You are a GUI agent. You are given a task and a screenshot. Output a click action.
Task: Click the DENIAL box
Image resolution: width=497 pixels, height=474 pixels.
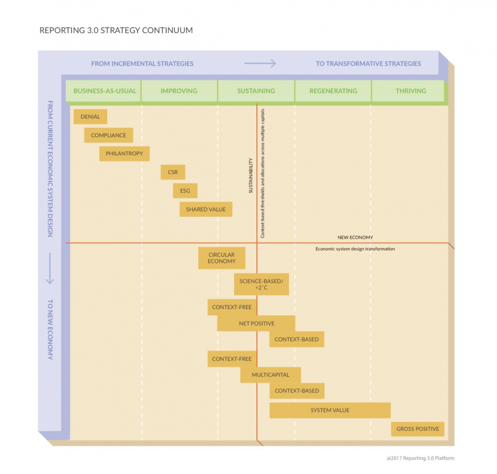point(90,117)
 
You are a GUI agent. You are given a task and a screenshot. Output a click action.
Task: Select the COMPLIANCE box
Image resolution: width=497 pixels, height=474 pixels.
point(109,135)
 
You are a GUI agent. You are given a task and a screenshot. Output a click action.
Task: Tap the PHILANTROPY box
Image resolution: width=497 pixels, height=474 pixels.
point(124,154)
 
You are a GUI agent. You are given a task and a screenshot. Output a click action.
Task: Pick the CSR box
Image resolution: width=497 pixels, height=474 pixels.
point(173,172)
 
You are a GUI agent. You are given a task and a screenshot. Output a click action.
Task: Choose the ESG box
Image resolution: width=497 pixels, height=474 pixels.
point(185,191)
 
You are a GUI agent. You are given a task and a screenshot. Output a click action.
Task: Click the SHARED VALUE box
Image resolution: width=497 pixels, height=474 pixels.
point(206,209)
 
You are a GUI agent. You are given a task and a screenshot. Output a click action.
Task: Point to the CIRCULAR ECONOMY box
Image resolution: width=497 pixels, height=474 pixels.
point(222,258)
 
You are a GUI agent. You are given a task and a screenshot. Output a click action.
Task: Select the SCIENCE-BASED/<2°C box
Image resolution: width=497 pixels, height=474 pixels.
point(261,284)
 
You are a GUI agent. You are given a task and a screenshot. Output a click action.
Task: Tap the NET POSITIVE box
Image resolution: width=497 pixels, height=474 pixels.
point(256,323)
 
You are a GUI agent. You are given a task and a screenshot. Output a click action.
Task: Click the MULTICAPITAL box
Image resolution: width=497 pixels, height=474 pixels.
point(270,375)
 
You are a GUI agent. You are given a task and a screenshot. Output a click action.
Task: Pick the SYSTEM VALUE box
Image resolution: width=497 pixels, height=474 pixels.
point(330,410)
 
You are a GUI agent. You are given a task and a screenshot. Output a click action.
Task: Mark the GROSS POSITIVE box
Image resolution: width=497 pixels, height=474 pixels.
point(417,429)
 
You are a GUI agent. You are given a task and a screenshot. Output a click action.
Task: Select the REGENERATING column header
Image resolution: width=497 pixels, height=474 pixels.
point(333,91)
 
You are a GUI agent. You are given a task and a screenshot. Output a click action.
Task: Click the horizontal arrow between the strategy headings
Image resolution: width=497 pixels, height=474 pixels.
point(260,63)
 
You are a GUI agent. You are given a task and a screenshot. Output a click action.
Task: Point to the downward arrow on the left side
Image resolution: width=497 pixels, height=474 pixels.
point(50,268)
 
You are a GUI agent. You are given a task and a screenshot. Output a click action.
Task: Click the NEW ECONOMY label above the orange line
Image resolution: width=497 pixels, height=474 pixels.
point(355,238)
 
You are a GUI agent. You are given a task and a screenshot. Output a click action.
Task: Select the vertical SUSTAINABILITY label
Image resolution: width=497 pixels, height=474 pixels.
point(251,175)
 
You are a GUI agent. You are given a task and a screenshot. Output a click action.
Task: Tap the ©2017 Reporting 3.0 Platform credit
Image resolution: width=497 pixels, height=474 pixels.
point(420,458)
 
